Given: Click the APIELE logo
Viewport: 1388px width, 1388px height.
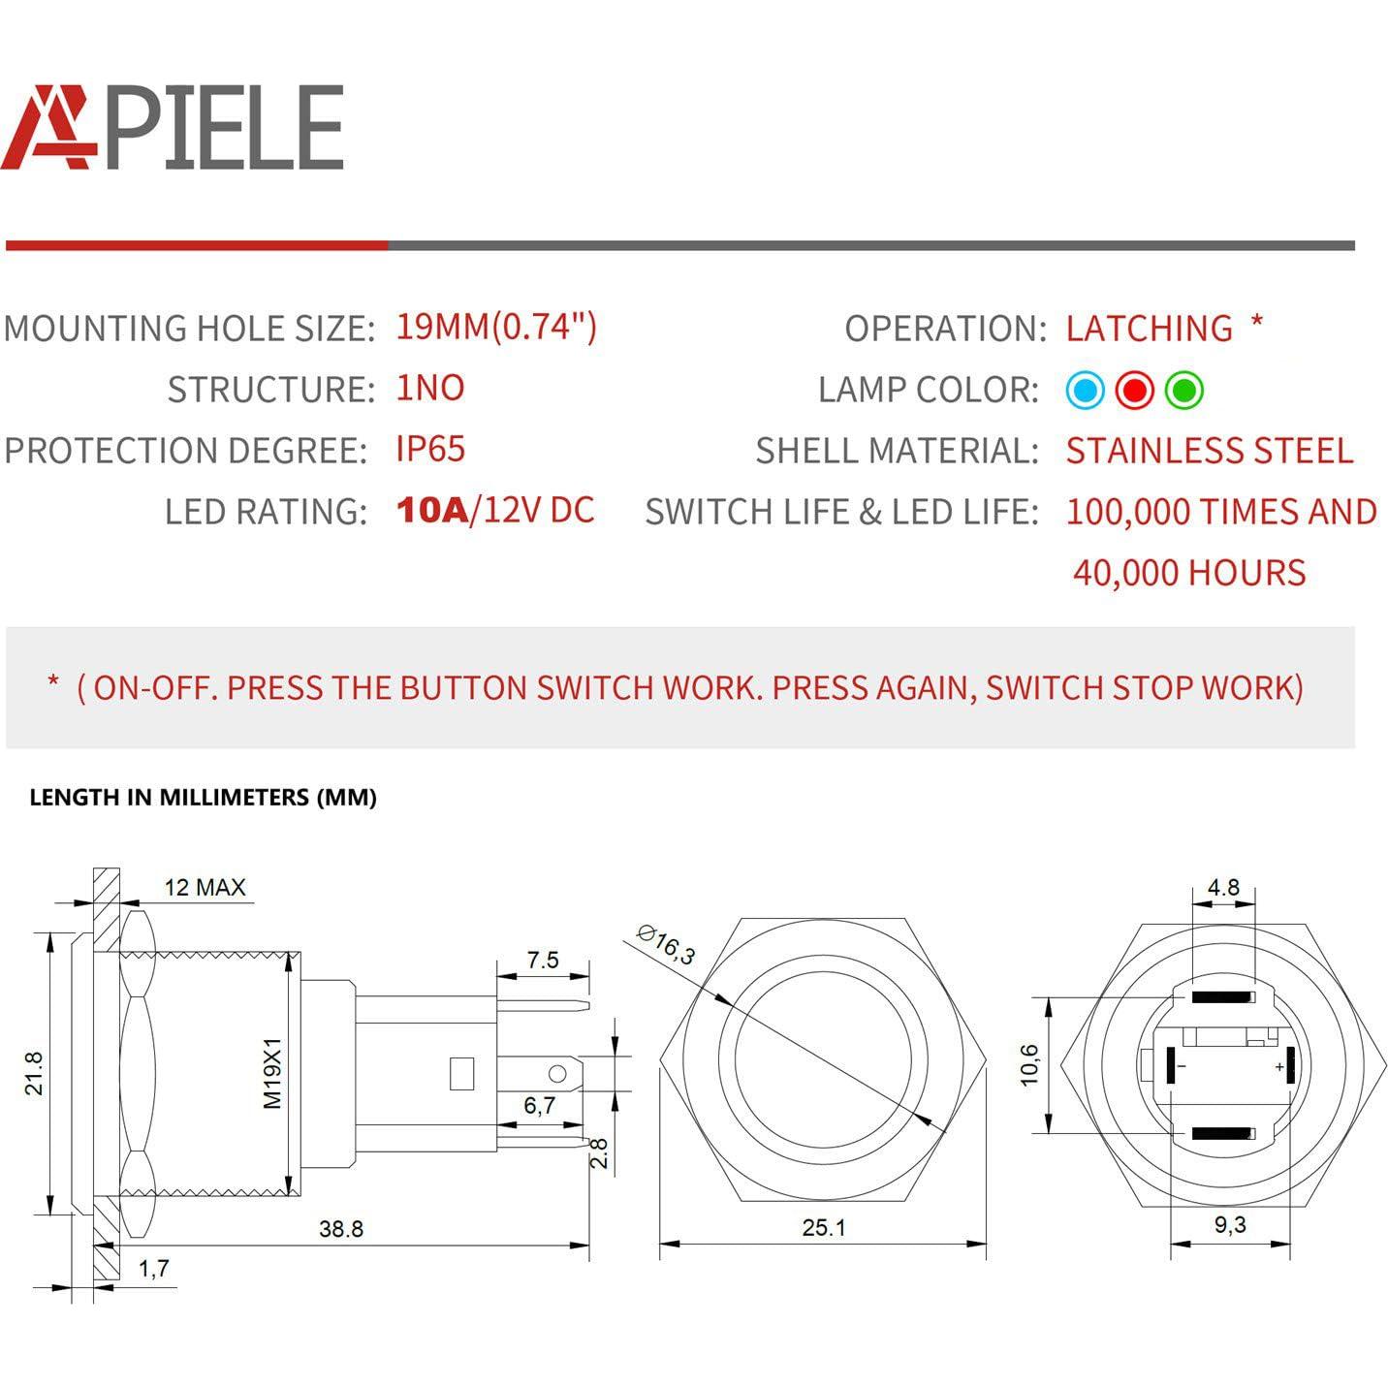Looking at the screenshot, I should (173, 127).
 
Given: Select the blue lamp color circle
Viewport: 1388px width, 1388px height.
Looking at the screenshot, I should (1085, 391).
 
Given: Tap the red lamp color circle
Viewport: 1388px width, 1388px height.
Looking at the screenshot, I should (1134, 391).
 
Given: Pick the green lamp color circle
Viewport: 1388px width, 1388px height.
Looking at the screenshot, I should (1183, 391).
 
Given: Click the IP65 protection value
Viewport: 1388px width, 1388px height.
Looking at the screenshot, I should (430, 449).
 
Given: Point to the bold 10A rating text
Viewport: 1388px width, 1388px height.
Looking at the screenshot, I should (432, 510).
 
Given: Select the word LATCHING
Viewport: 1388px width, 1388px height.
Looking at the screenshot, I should (1149, 329).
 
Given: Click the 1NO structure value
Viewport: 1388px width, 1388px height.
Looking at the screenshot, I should (430, 388).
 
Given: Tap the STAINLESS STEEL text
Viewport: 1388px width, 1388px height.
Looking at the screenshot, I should (1209, 451).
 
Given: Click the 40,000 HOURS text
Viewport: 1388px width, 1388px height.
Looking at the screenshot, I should (1189, 573).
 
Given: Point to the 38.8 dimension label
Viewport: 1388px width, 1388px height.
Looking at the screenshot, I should (341, 1229).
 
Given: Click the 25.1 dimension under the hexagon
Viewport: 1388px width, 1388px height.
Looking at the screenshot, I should (824, 1228).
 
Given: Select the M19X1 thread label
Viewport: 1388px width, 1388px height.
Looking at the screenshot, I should (272, 1073).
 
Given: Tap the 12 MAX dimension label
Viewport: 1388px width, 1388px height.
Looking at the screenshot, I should (205, 887).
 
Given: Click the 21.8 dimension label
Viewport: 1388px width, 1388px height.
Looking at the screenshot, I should (34, 1073).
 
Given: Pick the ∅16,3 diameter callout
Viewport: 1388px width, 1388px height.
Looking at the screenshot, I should (666, 944).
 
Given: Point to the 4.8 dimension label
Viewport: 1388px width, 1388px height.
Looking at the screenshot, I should (1223, 887).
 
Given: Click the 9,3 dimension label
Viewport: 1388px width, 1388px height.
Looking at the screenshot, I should (1230, 1225).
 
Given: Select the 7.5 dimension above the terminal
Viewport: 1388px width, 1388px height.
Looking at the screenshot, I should (543, 960).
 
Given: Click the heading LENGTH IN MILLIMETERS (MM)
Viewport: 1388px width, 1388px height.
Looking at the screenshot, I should (203, 798).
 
